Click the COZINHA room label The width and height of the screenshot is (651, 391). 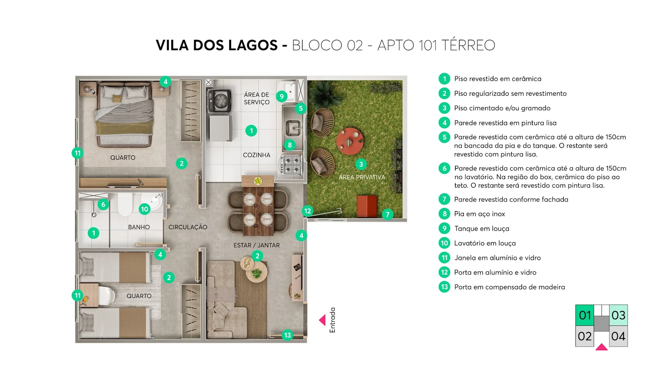click(257, 155)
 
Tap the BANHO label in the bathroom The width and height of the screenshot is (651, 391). click(139, 227)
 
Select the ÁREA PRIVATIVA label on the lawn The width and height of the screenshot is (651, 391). click(362, 177)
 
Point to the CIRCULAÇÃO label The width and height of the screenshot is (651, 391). click(188, 227)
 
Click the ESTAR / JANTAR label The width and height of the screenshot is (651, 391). click(257, 245)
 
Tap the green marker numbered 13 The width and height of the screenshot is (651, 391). click(287, 335)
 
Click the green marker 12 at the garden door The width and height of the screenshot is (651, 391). click(308, 211)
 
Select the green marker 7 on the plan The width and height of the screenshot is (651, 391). click(388, 215)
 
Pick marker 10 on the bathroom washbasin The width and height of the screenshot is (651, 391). click(144, 209)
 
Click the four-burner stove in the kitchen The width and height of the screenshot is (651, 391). click(291, 165)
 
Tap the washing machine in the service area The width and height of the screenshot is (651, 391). click(219, 101)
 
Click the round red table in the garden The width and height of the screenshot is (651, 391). click(350, 141)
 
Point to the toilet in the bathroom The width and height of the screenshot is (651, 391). click(125, 204)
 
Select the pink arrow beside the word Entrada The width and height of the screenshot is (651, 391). click(322, 320)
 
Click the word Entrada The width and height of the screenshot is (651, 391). click(332, 320)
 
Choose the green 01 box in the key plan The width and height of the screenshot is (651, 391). click(585, 315)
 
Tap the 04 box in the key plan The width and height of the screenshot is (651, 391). click(618, 336)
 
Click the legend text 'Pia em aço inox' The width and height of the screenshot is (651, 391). click(480, 214)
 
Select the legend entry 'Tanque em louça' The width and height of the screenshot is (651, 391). click(482, 228)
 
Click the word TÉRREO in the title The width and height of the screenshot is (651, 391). click(468, 45)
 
